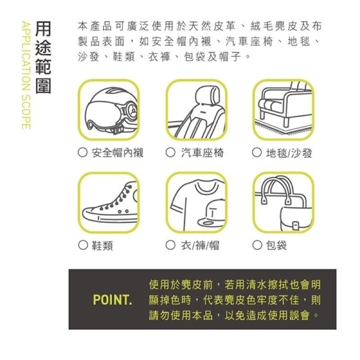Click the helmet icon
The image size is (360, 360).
pyautogui.click(x=108, y=110)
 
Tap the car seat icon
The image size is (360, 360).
pyautogui.click(x=196, y=110)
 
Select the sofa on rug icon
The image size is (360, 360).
pyautogui.click(x=283, y=110)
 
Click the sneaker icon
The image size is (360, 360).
pyautogui.click(x=108, y=203)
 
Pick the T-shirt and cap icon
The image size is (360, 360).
pyautogui.click(x=196, y=203)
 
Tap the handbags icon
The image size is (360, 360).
pyautogui.click(x=283, y=203)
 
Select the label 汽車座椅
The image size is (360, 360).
pyautogui.click(x=202, y=153)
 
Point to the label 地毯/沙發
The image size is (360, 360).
pyautogui.click(x=288, y=153)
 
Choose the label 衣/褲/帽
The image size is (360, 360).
pyautogui.click(x=200, y=245)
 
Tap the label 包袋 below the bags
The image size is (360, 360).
pyautogui.click(x=276, y=245)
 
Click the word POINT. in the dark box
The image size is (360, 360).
pyautogui.click(x=112, y=300)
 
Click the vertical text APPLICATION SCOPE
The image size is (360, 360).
pyautogui.click(x=26, y=74)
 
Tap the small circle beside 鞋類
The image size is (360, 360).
pyautogui.click(x=82, y=245)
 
